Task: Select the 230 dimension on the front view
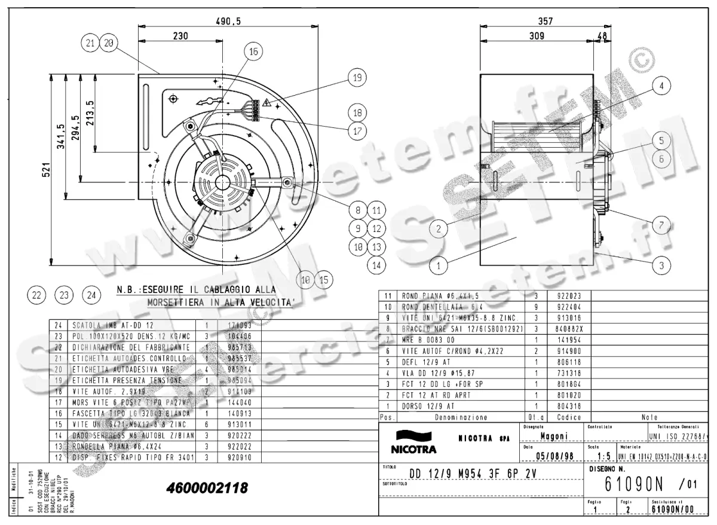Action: click(x=180, y=36)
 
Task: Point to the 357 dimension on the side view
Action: click(x=545, y=21)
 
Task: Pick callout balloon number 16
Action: click(x=253, y=52)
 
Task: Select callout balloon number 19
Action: click(x=357, y=78)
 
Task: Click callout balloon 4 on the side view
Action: click(x=661, y=86)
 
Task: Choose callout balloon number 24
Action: click(x=91, y=294)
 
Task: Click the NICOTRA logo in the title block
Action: click(x=413, y=443)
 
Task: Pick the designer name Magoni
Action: click(x=553, y=437)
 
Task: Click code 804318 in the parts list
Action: click(x=568, y=406)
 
